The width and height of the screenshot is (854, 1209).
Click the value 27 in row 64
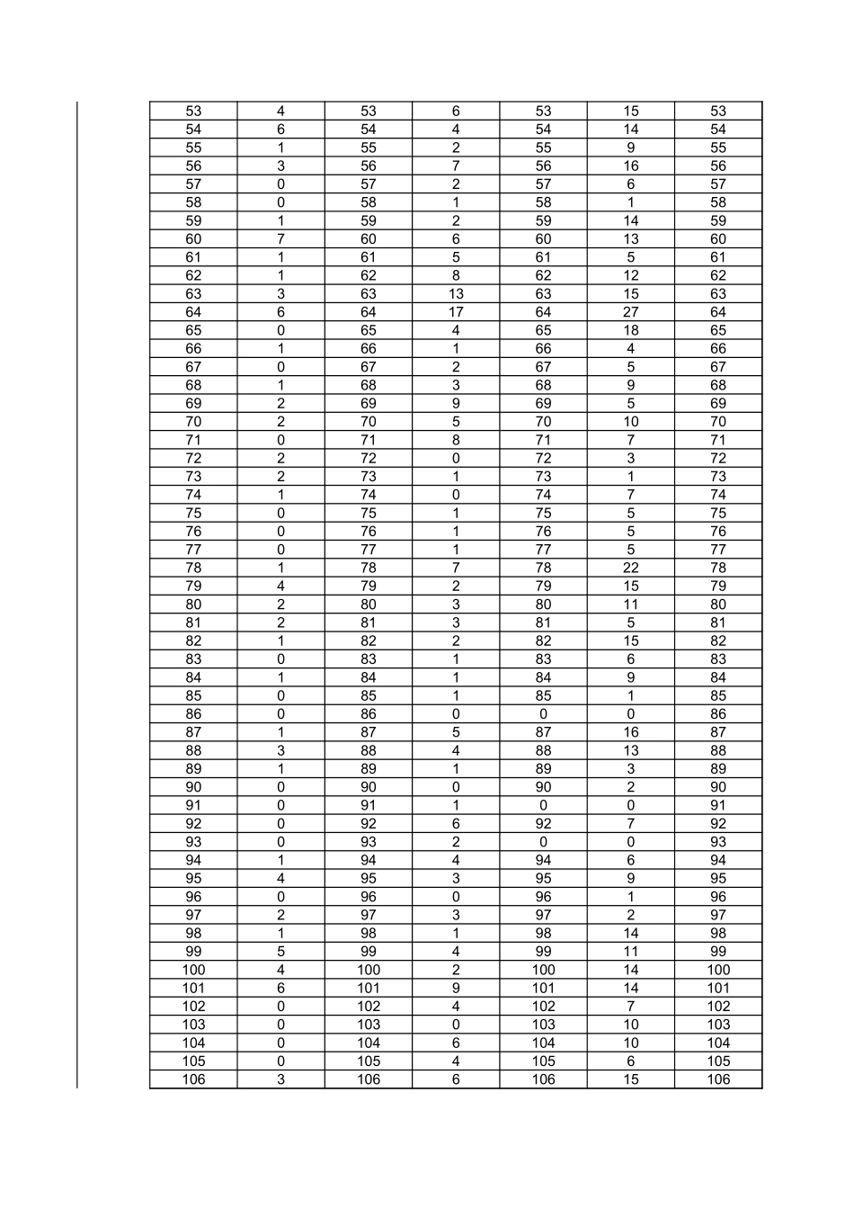631,312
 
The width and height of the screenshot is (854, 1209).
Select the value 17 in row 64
456,312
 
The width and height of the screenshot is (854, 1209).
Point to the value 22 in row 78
631,568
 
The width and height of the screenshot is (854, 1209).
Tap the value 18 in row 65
631,330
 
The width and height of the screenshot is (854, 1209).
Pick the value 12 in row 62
631,275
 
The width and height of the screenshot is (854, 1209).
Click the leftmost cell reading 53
193,112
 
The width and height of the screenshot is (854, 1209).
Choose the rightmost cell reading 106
718,1079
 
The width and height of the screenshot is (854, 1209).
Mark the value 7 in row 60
280,239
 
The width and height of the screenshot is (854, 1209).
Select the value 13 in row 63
456,294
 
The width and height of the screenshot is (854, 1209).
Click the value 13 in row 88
631,750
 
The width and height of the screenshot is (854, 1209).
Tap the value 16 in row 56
631,166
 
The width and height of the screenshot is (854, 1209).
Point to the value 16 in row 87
631,732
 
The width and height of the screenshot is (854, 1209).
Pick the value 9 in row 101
456,988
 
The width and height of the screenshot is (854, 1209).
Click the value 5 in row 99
280,952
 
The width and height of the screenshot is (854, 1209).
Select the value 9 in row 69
456,403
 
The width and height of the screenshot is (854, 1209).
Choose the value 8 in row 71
456,440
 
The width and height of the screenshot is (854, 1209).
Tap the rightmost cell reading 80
718,604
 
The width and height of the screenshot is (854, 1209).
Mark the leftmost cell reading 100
193,970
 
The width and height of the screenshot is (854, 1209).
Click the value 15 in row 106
631,1079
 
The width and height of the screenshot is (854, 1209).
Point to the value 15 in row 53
631,112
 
